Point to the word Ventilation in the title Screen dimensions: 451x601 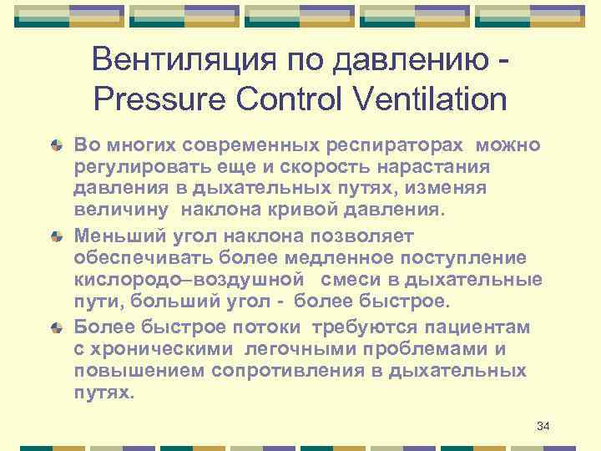tap(434, 99)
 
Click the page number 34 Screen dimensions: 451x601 tap(543, 427)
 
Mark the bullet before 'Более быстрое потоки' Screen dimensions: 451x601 tap(55, 328)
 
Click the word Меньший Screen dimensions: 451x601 tap(111, 236)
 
